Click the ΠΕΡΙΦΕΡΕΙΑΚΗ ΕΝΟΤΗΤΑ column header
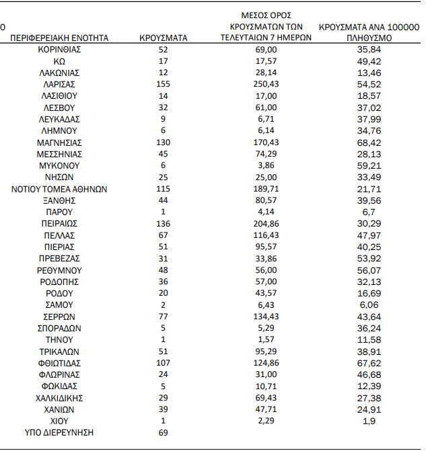click(x=60, y=38)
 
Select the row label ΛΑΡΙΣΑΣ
click(x=60, y=84)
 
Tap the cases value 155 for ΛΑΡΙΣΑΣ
click(x=163, y=84)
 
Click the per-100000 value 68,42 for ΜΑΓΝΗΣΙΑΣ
click(x=366, y=142)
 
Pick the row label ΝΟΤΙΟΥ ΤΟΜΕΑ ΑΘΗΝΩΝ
click(x=60, y=189)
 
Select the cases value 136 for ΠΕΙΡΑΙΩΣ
click(x=163, y=224)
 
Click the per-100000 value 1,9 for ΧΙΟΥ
click(x=366, y=421)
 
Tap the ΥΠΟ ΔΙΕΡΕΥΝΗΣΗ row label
click(x=60, y=433)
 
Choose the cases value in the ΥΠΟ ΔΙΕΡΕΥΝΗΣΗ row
click(x=163, y=433)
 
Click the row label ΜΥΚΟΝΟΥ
click(x=60, y=165)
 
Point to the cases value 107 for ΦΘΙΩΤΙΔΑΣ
click(x=163, y=363)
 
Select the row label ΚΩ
click(x=60, y=61)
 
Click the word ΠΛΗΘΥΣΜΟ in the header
click(x=366, y=39)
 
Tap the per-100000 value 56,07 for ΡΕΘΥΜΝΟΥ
click(x=366, y=270)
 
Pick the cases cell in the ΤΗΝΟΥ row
click(x=163, y=339)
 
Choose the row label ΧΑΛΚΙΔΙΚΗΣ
click(x=60, y=398)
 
